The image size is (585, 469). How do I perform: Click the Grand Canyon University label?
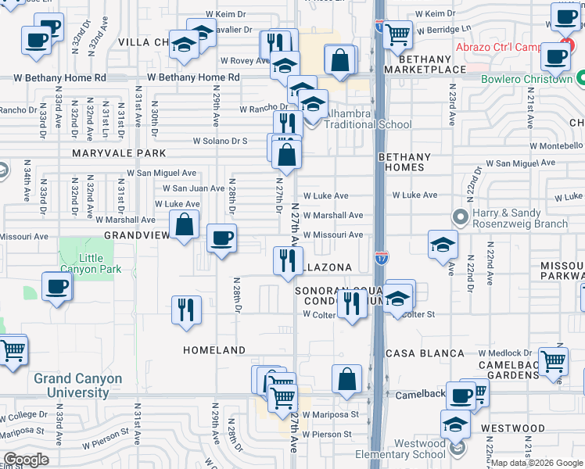77,385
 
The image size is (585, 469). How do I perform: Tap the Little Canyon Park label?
88,264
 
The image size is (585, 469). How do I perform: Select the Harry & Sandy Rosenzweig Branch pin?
459,215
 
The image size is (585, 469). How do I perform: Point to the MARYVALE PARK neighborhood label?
119,153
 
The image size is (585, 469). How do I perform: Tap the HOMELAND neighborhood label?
214,350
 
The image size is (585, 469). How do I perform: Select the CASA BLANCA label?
423,353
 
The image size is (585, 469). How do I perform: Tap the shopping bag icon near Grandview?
183,226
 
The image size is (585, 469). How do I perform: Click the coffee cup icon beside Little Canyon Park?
57,288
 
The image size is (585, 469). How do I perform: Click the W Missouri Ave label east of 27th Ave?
333,234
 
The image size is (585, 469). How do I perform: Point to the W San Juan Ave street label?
193,188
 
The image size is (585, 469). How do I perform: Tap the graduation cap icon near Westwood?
455,424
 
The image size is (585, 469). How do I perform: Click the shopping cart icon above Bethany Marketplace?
397,34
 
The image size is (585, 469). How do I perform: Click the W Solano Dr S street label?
221,141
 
